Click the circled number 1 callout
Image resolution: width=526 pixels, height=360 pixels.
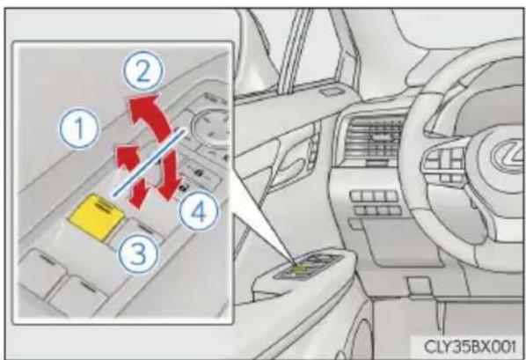79,128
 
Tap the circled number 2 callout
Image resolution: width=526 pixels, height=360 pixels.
143,72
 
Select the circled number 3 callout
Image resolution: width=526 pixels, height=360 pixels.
137,253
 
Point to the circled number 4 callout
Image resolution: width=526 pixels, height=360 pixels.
199,211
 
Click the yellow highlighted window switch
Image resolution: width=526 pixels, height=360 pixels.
97,217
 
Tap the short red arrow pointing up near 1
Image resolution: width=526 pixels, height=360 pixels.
128,158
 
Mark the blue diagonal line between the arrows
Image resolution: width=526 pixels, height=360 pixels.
149,162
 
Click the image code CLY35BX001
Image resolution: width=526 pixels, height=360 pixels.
469,346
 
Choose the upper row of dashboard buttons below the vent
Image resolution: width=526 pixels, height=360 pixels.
374,195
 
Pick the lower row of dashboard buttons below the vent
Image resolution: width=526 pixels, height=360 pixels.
377,210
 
